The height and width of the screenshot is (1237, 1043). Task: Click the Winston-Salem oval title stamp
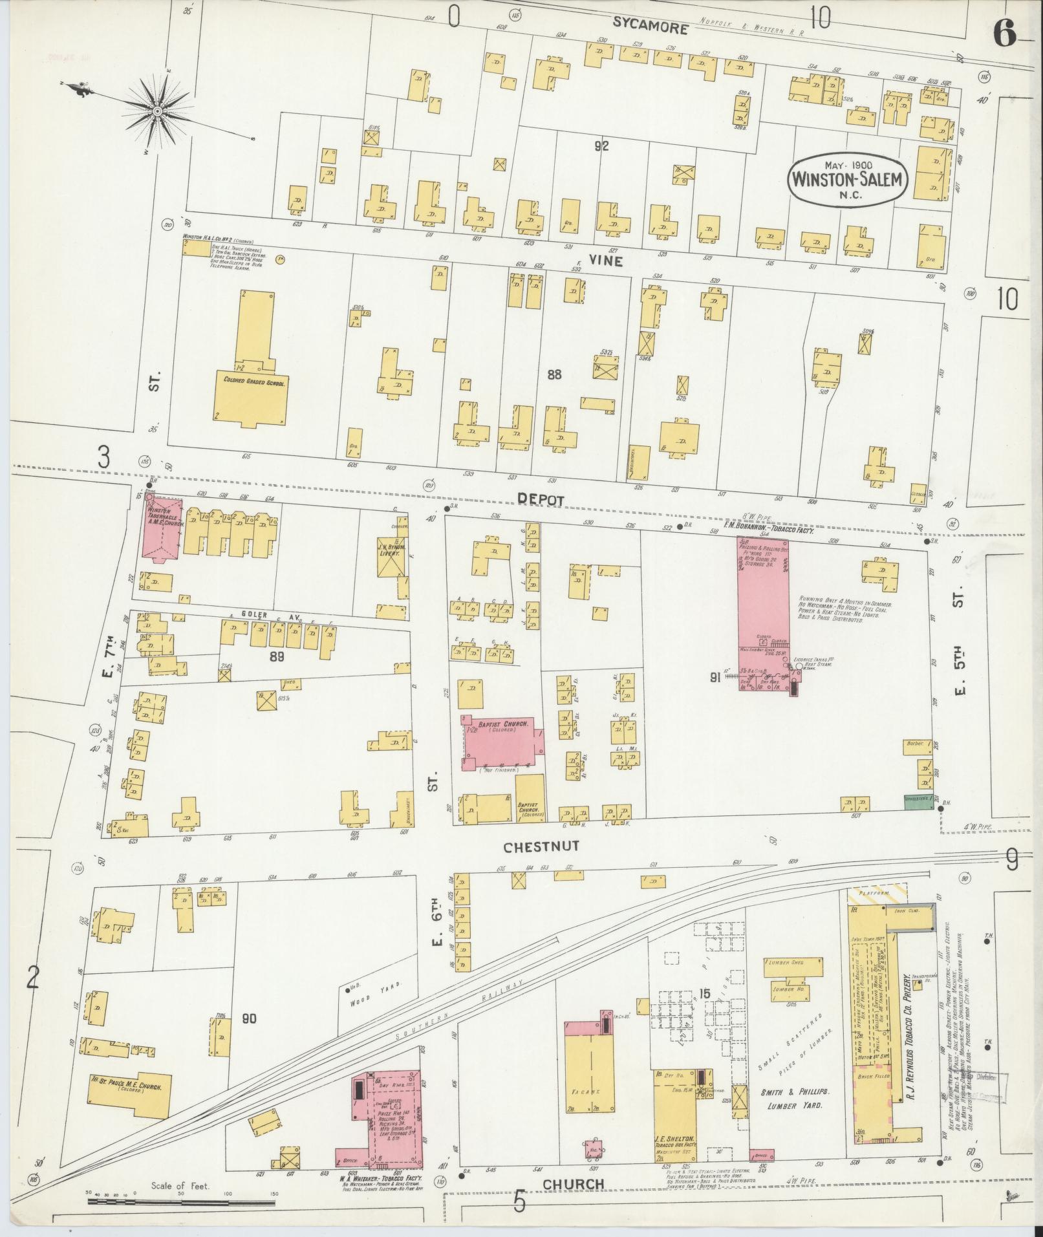point(848,179)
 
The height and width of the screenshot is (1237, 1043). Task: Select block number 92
point(601,146)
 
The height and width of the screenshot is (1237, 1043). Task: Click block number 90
point(249,1037)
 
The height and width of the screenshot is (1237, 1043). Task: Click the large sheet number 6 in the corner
point(1004,32)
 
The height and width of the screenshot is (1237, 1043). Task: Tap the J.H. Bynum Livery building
point(392,556)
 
